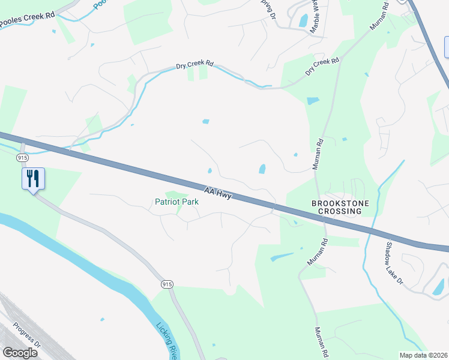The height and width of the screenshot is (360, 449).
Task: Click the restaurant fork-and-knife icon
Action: (32, 178)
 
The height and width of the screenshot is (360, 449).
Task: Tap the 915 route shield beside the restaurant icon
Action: (23, 157)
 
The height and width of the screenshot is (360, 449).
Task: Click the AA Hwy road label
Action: (217, 193)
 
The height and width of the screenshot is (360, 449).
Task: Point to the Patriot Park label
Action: (176, 202)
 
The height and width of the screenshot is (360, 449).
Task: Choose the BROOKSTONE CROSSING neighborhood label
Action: (336, 208)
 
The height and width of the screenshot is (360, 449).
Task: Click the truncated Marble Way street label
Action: (316, 16)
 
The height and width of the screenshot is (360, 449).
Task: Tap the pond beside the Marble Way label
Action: (303, 20)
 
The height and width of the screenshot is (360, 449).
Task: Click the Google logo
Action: (20, 353)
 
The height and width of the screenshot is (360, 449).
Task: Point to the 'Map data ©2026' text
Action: (424, 355)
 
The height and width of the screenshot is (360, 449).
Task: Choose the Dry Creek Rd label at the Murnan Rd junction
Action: (322, 66)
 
